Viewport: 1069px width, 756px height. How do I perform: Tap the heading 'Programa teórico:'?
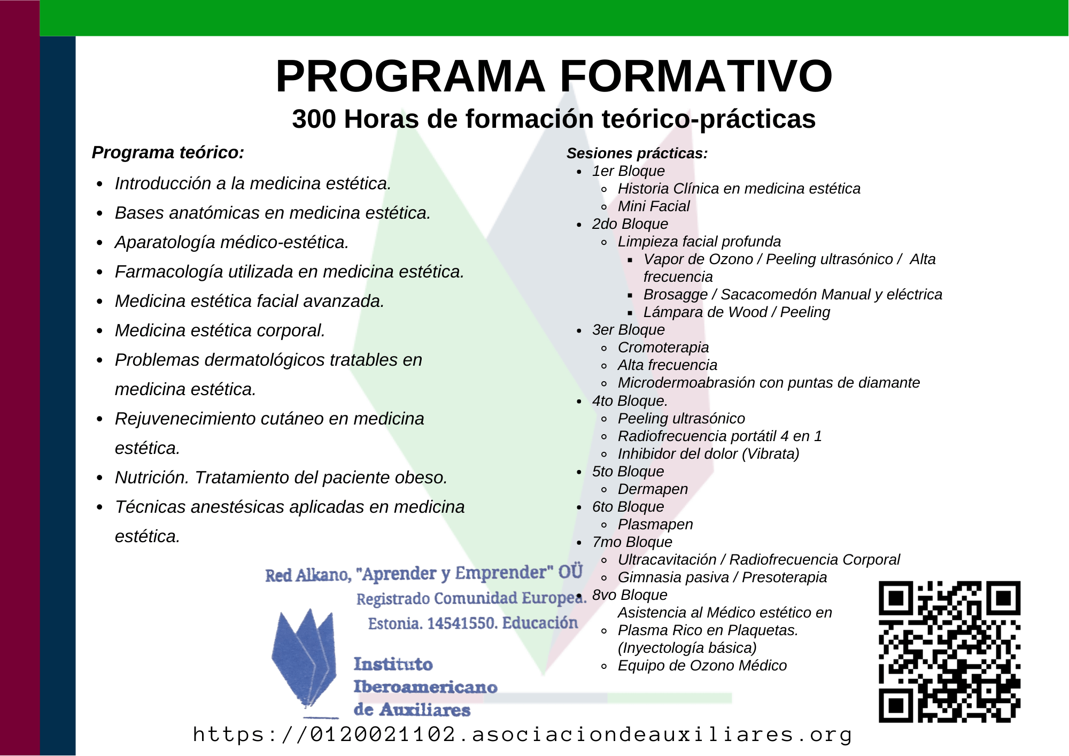[168, 153]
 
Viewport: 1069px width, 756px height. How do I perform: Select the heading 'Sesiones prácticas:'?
[637, 153]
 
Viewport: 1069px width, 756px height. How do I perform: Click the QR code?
[950, 652]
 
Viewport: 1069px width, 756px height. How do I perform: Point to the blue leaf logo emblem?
[304, 661]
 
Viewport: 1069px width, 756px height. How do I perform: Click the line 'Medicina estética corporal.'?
[220, 330]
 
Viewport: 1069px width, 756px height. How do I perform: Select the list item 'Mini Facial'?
[654, 206]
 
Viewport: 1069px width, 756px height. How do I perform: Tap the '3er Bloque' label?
[629, 330]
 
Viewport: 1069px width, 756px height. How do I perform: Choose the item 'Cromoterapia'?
[663, 348]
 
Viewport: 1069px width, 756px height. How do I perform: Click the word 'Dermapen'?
[653, 489]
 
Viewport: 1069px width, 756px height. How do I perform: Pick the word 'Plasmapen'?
[655, 524]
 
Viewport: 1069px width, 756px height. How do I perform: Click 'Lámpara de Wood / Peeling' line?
[737, 312]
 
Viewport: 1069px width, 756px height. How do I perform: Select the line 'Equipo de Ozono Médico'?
[702, 666]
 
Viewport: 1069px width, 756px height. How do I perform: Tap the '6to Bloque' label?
[628, 507]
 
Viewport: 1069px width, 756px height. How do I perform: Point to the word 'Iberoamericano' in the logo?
[425, 687]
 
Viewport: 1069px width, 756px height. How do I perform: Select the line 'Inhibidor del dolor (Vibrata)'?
[709, 454]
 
